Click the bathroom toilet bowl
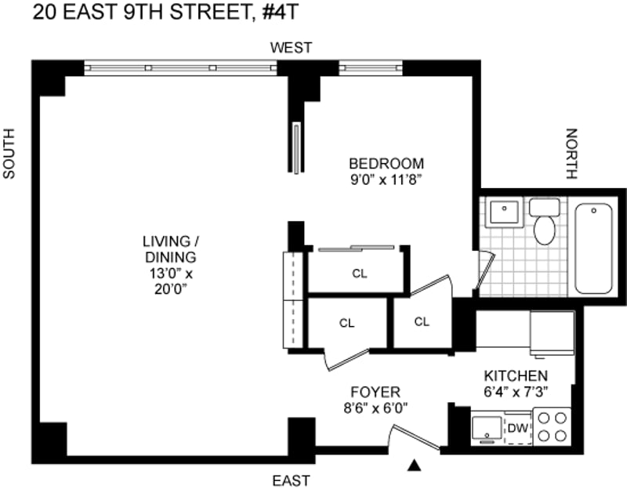[x=544, y=230]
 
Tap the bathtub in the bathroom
[x=593, y=248]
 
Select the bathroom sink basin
[x=504, y=212]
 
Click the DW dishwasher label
[x=518, y=428]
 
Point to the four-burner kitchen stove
[x=553, y=426]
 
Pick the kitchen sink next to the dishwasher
[x=487, y=429]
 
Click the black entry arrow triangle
[x=415, y=465]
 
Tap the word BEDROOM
[x=386, y=164]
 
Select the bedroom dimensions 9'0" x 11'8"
[x=386, y=180]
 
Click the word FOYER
[x=375, y=392]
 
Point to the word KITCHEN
[x=516, y=376]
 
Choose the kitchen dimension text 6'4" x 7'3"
[x=516, y=393]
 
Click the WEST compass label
[x=291, y=48]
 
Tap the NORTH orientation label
[x=572, y=154]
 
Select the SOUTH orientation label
[x=9, y=154]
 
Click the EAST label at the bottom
[x=291, y=480]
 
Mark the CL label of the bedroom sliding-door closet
[x=360, y=274]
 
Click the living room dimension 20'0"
[x=171, y=289]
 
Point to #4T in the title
[x=281, y=13]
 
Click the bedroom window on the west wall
[x=371, y=67]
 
